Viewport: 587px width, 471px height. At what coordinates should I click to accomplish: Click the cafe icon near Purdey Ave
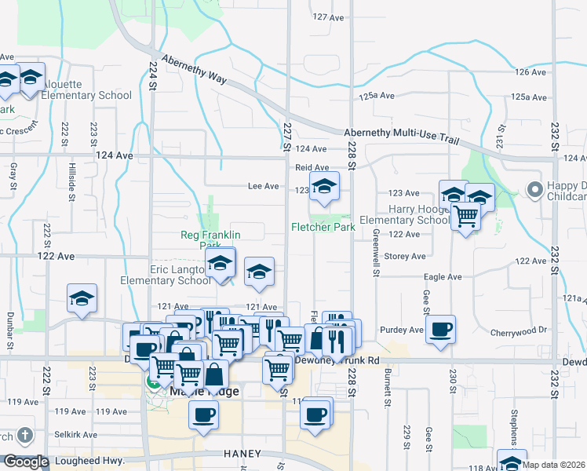440,329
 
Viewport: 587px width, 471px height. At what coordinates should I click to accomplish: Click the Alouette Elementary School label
86,95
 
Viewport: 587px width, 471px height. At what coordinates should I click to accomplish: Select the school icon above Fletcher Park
323,187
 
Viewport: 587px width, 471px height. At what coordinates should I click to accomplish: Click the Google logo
26,462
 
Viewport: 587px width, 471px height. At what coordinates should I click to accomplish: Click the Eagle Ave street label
443,276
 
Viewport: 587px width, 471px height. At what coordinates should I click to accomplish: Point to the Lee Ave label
263,186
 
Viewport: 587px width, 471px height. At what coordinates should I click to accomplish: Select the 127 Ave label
329,16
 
